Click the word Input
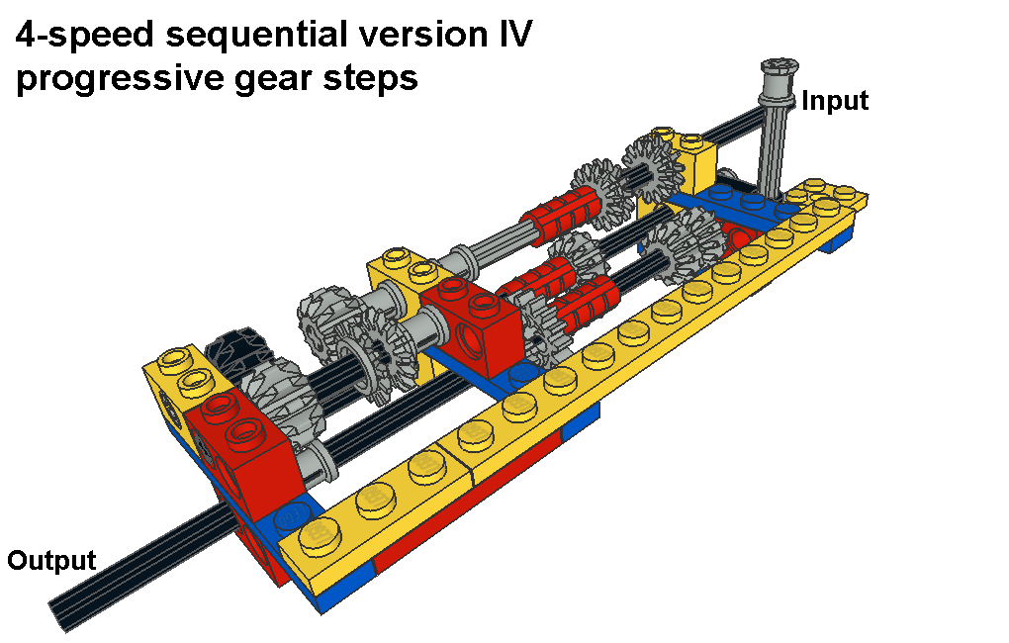(x=835, y=101)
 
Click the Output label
(x=51, y=561)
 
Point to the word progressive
(x=119, y=79)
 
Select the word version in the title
(x=424, y=35)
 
